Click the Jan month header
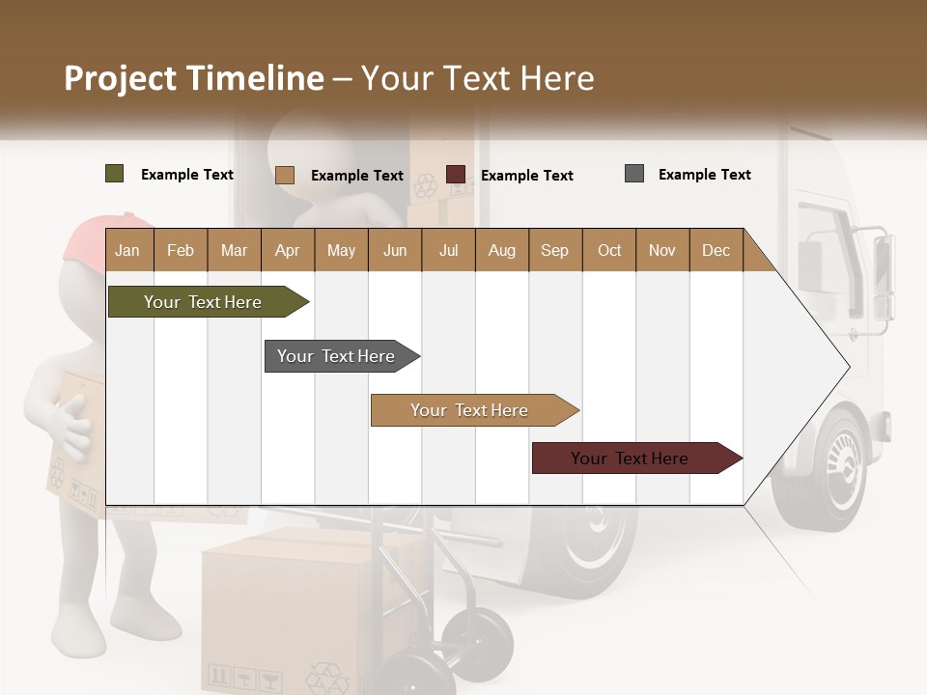tap(127, 250)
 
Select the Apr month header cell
tap(287, 250)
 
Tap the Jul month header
tap(448, 250)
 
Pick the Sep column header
tap(554, 250)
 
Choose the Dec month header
tap(716, 250)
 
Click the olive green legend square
tap(114, 174)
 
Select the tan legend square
tap(284, 175)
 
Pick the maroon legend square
tap(455, 175)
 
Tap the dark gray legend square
tap(633, 174)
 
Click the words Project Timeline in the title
tap(193, 78)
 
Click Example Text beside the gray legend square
tap(704, 175)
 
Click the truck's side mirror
tap(883, 280)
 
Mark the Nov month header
tap(661, 250)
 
